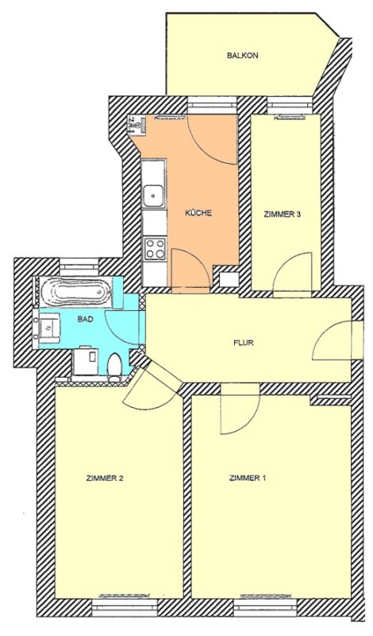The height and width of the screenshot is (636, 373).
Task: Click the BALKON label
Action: [243, 56]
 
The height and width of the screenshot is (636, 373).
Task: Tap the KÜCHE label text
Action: [199, 213]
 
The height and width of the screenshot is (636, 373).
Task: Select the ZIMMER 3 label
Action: [283, 215]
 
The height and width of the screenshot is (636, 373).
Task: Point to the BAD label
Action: [86, 320]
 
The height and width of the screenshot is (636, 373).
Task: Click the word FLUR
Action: [244, 343]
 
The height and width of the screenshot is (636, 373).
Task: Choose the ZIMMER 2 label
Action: [105, 478]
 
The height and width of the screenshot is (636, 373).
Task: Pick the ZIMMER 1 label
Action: [248, 478]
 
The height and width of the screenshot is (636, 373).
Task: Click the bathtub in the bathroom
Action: [75, 292]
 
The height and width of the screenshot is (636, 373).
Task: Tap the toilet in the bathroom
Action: [114, 367]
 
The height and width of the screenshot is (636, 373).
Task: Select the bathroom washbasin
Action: [49, 326]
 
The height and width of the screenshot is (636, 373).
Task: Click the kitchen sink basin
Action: [154, 195]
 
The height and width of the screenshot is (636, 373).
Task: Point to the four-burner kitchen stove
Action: [155, 249]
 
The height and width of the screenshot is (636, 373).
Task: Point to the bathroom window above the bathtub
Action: [79, 268]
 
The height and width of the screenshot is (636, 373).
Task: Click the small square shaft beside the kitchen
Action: [229, 280]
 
